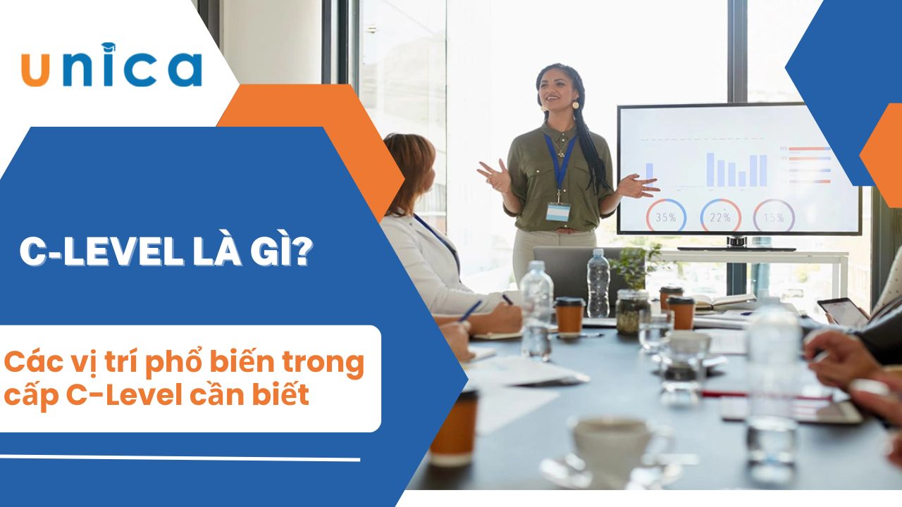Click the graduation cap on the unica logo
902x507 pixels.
tap(109, 47)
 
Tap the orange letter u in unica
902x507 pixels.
tap(35, 70)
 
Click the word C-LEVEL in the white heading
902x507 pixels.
tap(101, 252)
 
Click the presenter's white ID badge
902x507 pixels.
tap(558, 212)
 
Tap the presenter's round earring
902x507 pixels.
tap(576, 105)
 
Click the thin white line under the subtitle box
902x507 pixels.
tap(180, 458)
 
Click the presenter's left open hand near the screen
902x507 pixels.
tap(638, 186)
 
